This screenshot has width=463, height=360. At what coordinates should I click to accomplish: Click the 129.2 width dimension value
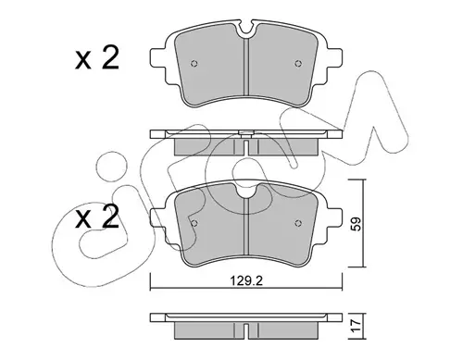click(x=246, y=281)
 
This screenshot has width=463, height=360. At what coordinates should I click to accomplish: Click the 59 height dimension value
click(x=356, y=224)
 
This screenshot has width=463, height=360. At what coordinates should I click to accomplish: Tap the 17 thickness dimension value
click(x=356, y=327)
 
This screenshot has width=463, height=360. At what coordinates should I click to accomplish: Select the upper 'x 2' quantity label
click(x=97, y=58)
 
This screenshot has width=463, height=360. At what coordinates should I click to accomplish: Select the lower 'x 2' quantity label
click(x=97, y=217)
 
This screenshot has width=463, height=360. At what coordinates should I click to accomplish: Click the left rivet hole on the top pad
click(x=194, y=64)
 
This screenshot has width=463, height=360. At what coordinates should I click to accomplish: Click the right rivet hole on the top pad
click(x=298, y=64)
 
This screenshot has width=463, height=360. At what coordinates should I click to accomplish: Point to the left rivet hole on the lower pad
click(x=194, y=223)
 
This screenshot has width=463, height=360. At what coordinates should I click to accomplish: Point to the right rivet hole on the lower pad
click(x=298, y=223)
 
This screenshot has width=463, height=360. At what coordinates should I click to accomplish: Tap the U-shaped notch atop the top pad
click(x=246, y=29)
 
